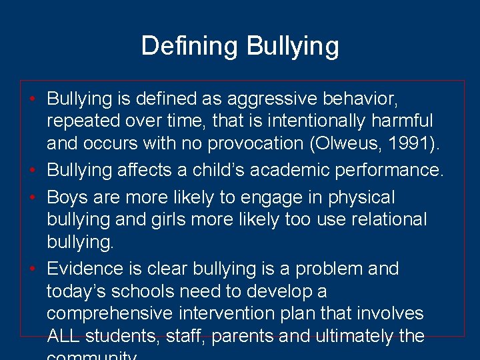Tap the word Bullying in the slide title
[293, 47]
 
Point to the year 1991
[404, 143]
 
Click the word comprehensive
[113, 313]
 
